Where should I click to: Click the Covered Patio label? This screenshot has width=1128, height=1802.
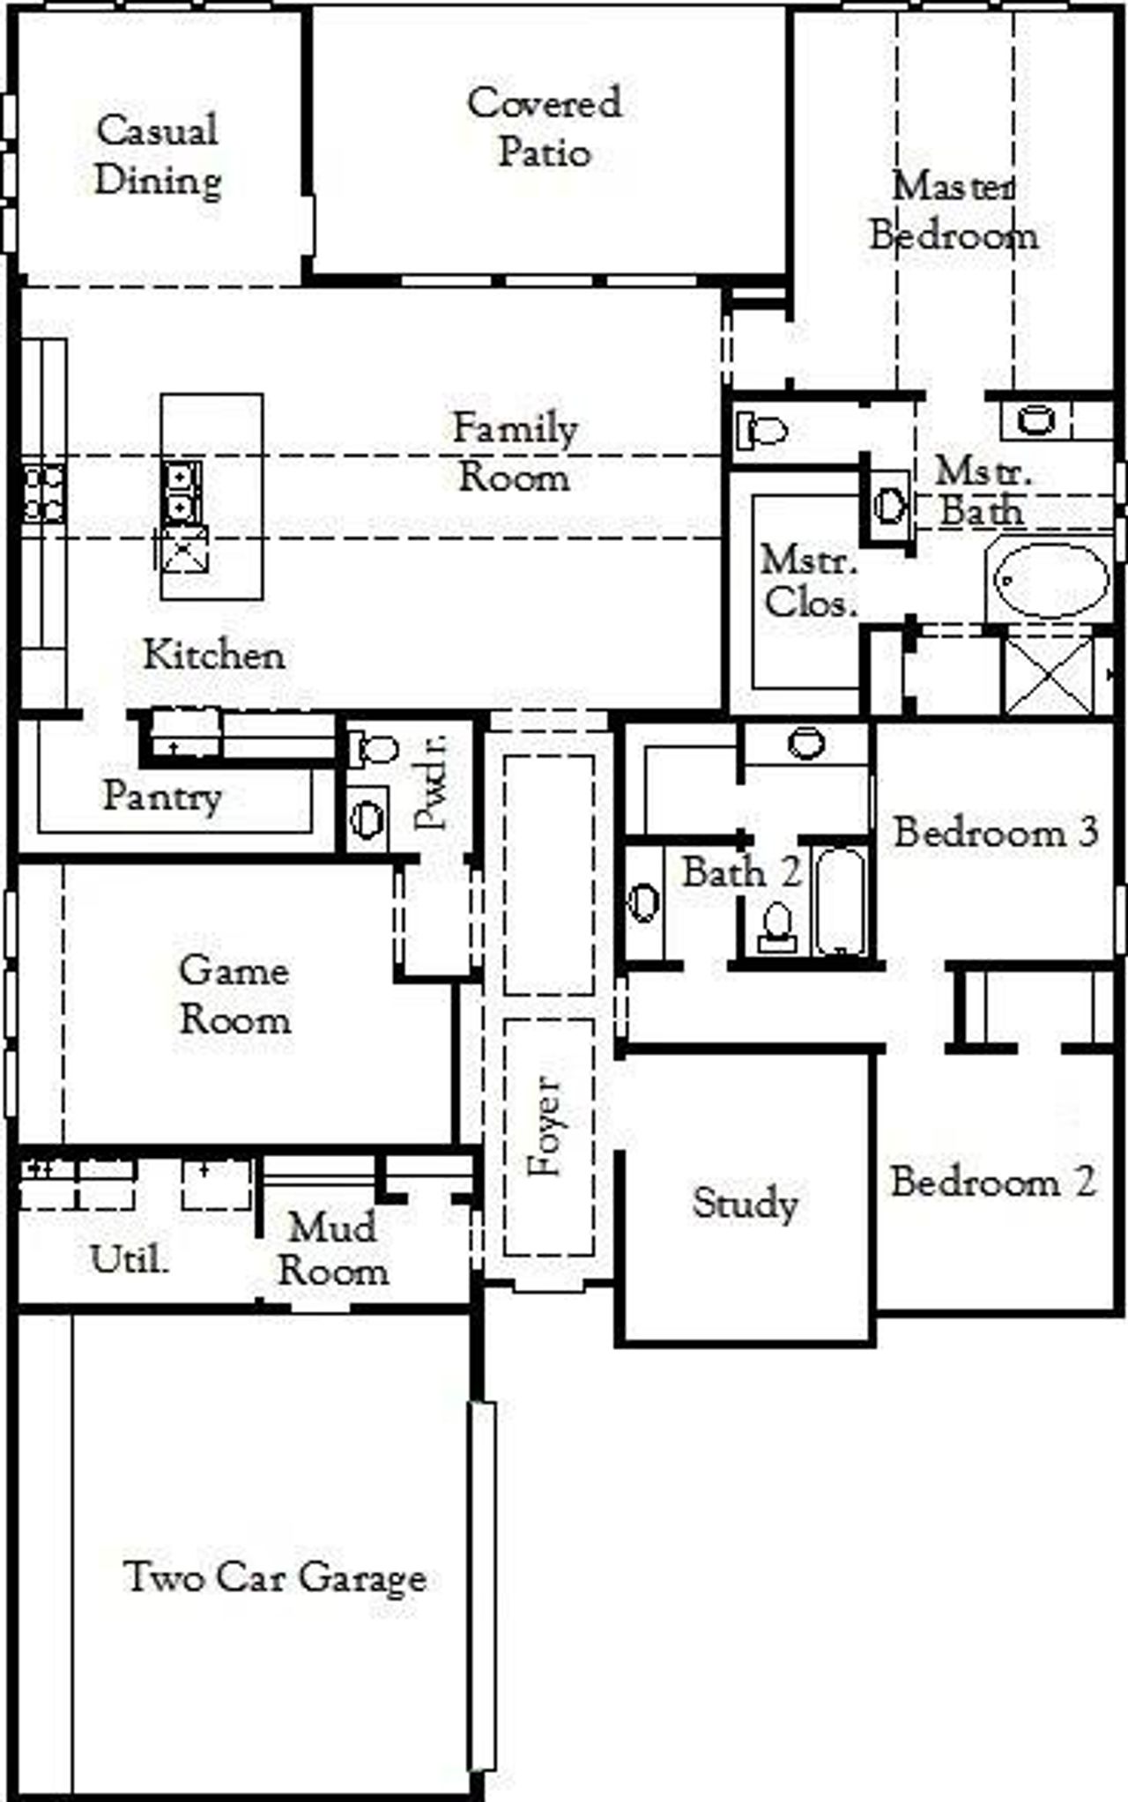(544, 128)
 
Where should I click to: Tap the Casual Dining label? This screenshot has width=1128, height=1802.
(158, 155)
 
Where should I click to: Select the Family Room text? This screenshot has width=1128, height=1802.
(515, 453)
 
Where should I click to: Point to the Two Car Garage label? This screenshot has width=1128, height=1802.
(276, 1576)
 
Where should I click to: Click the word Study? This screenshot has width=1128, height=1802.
(745, 1203)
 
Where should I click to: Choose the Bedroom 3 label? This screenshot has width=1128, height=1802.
(996, 832)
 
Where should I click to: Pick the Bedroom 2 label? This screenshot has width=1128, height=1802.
(992, 1182)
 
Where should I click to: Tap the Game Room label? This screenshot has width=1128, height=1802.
(234, 995)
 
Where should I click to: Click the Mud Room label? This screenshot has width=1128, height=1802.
(332, 1249)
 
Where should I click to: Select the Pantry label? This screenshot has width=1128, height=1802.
(162, 797)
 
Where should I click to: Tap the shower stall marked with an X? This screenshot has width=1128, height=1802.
(1049, 675)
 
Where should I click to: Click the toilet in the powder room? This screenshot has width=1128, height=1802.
(375, 750)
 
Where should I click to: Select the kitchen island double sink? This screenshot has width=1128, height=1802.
(181, 493)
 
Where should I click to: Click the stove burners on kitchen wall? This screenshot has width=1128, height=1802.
(42, 493)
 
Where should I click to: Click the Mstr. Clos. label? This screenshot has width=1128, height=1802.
(808, 582)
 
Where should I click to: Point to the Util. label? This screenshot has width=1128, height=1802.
(130, 1260)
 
